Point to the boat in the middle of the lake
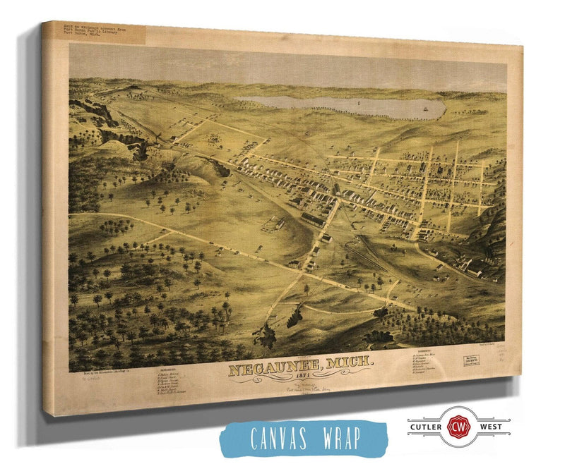tap(360, 104)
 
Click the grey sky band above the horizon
tap(282, 67)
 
